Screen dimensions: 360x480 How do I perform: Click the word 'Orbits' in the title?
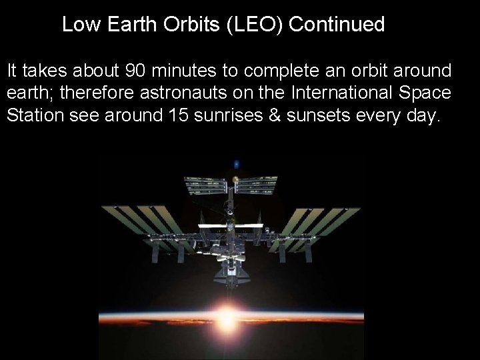pos(195,25)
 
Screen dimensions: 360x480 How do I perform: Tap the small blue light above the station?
pos(236,163)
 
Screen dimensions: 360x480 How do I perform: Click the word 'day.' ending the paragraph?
pos(423,115)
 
